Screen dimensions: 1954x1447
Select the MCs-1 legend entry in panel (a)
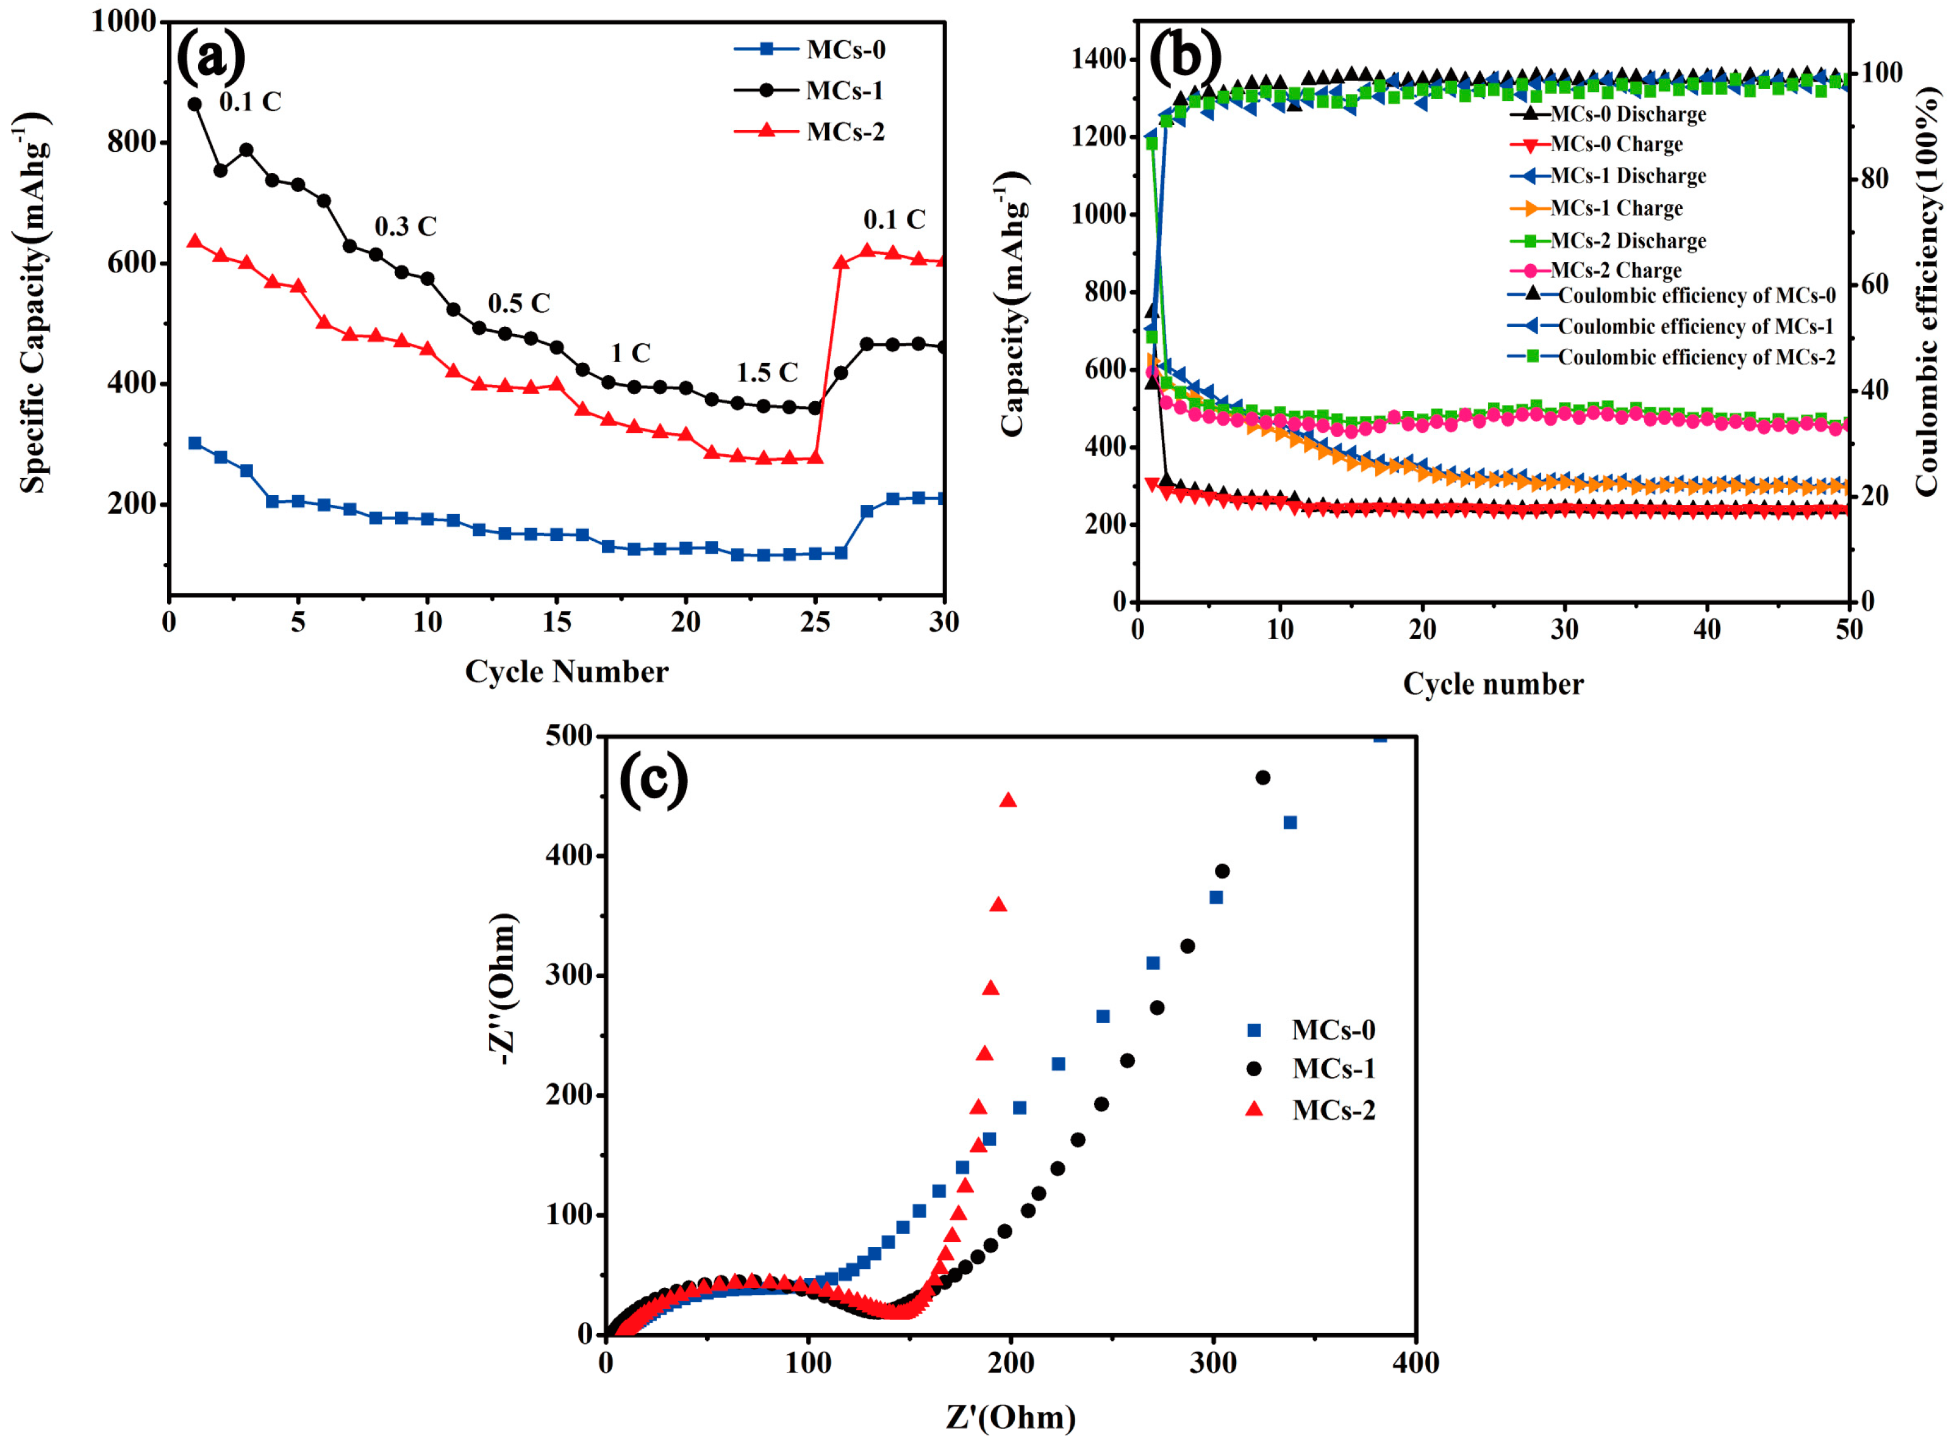pos(809,90)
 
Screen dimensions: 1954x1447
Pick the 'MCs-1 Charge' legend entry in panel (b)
pos(1597,209)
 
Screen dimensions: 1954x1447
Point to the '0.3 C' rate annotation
pos(406,226)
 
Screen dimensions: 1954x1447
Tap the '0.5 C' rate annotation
pos(518,303)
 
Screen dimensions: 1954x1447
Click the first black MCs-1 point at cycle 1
pos(195,104)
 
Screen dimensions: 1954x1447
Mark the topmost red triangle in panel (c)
pos(1008,799)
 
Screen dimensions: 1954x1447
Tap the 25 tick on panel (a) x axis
pos(815,622)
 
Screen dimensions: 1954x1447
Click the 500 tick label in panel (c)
pos(569,736)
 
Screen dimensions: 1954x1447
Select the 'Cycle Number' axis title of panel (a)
pos(567,672)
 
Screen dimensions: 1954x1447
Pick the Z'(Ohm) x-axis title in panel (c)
pos(1011,1417)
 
